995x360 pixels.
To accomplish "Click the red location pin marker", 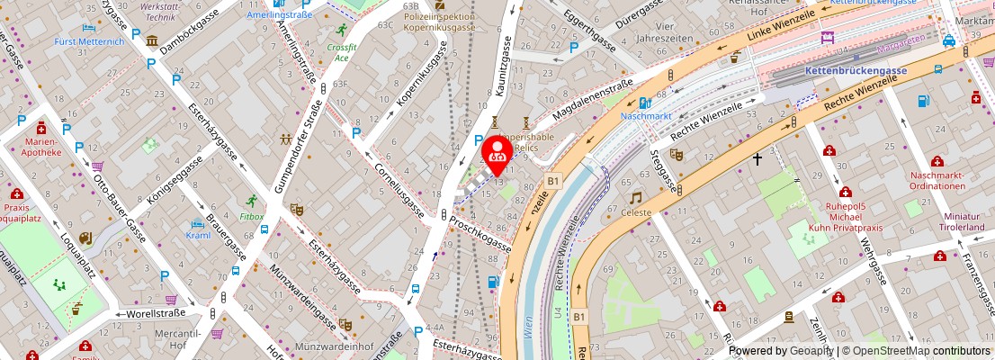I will pyautogui.click(x=497, y=155).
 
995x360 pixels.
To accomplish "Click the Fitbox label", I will pyautogui.click(x=252, y=216).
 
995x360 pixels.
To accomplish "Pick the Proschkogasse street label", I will pyautogui.click(x=480, y=234).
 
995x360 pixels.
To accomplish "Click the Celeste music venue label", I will pyautogui.click(x=635, y=212).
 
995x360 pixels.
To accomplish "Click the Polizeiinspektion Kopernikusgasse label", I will pyautogui.click(x=439, y=22).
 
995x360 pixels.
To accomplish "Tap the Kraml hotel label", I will pyautogui.click(x=198, y=235).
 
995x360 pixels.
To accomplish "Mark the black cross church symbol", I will pyautogui.click(x=757, y=159).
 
